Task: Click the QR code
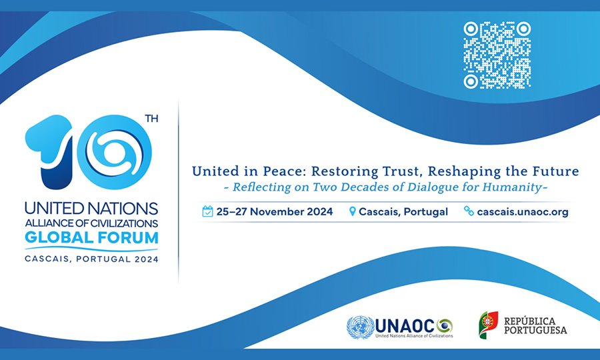pyautogui.click(x=497, y=55)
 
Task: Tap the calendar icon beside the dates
pyautogui.click(x=207, y=211)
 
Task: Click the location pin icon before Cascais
pyautogui.click(x=353, y=211)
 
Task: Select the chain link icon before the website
pyautogui.click(x=469, y=211)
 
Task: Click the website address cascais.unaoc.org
pyautogui.click(x=523, y=212)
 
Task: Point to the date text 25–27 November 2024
pyautogui.click(x=275, y=211)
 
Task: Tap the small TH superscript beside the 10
pyautogui.click(x=151, y=119)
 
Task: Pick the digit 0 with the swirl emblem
pyautogui.click(x=115, y=152)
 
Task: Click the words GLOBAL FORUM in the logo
pyautogui.click(x=91, y=237)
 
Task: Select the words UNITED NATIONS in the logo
pyautogui.click(x=91, y=209)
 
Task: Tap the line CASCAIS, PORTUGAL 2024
pyautogui.click(x=91, y=259)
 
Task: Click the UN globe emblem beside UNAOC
pyautogui.click(x=360, y=327)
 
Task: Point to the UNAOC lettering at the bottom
pyautogui.click(x=405, y=327)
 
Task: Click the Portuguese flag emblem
pyautogui.click(x=489, y=325)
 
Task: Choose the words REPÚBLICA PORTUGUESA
pyautogui.click(x=535, y=325)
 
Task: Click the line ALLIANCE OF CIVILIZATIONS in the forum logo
pyautogui.click(x=91, y=223)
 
